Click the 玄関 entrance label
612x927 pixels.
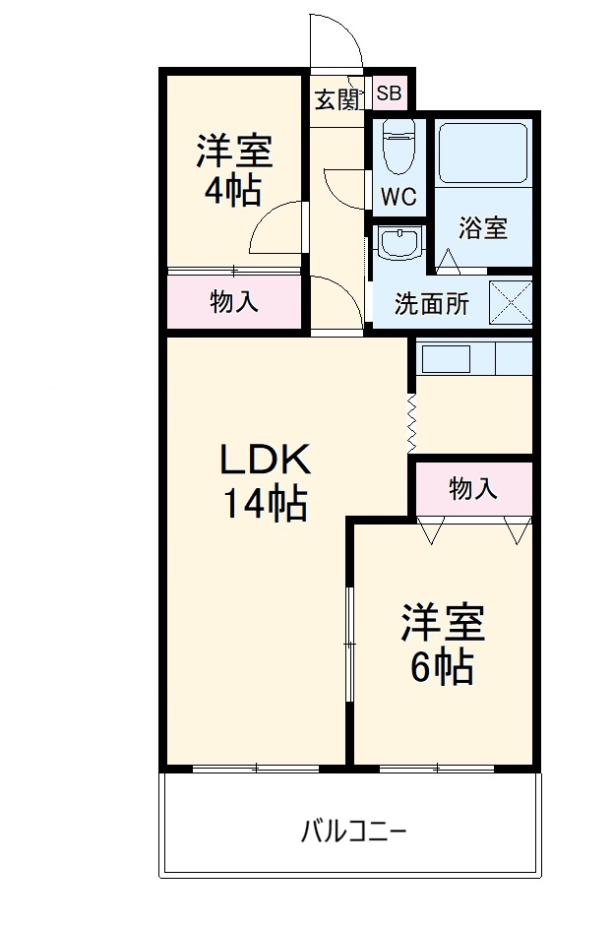point(337,98)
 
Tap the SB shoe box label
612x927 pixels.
point(390,94)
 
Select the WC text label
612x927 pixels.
point(398,196)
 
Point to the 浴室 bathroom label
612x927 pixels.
point(482,228)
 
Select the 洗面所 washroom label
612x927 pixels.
point(432,304)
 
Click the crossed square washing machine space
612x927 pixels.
point(510,302)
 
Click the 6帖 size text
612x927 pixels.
point(442,668)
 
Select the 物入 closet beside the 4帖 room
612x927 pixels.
point(234,302)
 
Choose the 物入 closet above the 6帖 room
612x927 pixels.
point(473,488)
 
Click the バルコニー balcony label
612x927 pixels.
point(352,832)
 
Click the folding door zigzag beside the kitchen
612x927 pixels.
point(411,423)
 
